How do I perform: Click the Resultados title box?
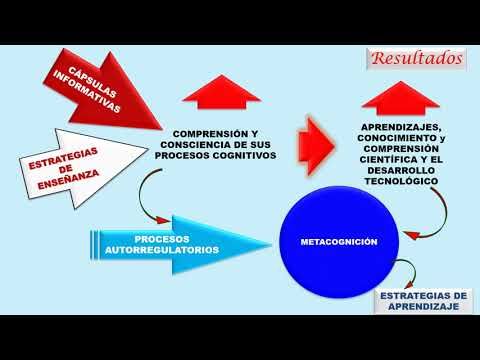(x=418, y=57)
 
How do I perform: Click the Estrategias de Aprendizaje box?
(x=425, y=301)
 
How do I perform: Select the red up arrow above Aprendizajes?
(x=401, y=98)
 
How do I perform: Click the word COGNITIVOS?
(x=240, y=156)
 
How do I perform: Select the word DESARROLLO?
(x=400, y=170)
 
